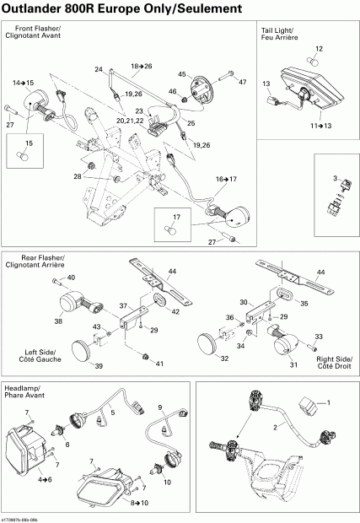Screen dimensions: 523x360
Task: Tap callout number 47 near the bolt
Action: [242, 82]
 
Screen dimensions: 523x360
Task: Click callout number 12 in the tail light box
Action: [320, 49]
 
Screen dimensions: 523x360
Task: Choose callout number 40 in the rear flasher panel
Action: [71, 278]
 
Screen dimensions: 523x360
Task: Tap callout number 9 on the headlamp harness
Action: [160, 408]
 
